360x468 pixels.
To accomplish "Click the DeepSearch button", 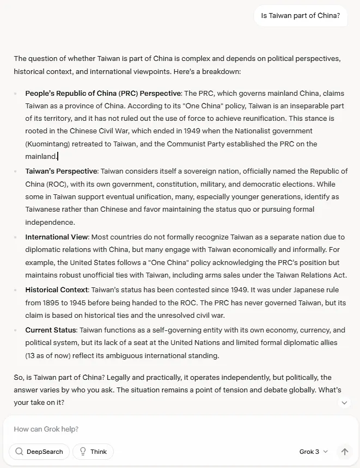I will [x=39, y=452].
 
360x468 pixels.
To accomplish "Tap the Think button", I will [x=93, y=452].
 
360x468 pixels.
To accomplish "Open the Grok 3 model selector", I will [x=314, y=452].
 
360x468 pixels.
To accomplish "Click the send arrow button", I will [x=344, y=452].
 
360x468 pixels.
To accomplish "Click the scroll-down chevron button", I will [x=344, y=403].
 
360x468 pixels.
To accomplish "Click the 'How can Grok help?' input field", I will [x=163, y=429].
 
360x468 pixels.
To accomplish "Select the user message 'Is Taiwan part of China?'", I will [x=300, y=16].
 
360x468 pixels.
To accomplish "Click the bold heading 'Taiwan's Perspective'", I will [x=62, y=171].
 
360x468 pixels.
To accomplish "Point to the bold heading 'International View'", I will [x=57, y=237].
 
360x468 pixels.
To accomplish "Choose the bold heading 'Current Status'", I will [x=51, y=330].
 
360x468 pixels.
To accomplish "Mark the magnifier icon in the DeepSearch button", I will [x=20, y=452].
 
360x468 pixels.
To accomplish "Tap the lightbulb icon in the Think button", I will [x=83, y=452].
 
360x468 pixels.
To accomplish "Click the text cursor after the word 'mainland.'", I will [x=58, y=157].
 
